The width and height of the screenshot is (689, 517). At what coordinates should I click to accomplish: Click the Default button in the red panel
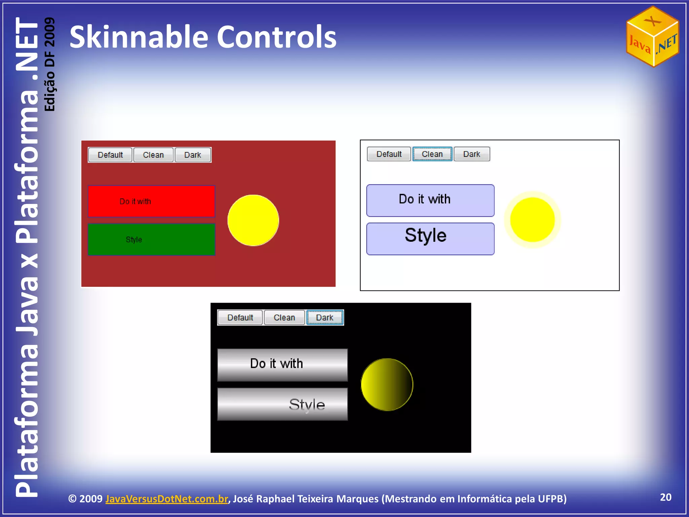pyautogui.click(x=110, y=155)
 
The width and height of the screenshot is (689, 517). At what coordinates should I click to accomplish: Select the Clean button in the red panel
pyautogui.click(x=153, y=155)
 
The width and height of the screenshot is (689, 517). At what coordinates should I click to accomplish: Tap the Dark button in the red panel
pyautogui.click(x=193, y=155)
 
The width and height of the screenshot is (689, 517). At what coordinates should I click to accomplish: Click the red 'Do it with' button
pyautogui.click(x=151, y=201)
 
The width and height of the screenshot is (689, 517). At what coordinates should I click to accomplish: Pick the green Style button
pyautogui.click(x=151, y=239)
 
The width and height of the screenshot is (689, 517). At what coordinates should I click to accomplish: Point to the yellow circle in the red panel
pyautogui.click(x=253, y=220)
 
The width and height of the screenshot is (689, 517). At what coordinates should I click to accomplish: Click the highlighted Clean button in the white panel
pyautogui.click(x=432, y=154)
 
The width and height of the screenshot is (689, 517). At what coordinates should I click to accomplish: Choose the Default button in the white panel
pyautogui.click(x=389, y=154)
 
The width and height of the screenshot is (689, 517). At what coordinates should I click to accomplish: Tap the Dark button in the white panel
pyautogui.click(x=472, y=154)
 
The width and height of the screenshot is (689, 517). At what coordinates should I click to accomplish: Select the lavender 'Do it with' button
pyautogui.click(x=430, y=200)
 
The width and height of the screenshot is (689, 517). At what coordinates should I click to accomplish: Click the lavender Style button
pyautogui.click(x=430, y=239)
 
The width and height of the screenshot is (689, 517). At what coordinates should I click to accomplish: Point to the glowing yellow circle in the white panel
pyautogui.click(x=532, y=220)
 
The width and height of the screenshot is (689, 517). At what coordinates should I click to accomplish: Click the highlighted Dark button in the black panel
pyautogui.click(x=325, y=317)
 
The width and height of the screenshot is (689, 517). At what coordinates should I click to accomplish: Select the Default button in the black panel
pyautogui.click(x=240, y=317)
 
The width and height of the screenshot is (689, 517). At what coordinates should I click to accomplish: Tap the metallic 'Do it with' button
pyautogui.click(x=282, y=365)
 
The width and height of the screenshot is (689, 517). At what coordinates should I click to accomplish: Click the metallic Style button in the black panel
pyautogui.click(x=282, y=404)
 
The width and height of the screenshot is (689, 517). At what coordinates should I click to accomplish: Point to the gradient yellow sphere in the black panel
pyautogui.click(x=387, y=384)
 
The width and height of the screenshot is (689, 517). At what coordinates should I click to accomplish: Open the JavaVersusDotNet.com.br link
pyautogui.click(x=167, y=498)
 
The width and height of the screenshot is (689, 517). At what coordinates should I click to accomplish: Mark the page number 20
pyautogui.click(x=665, y=497)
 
